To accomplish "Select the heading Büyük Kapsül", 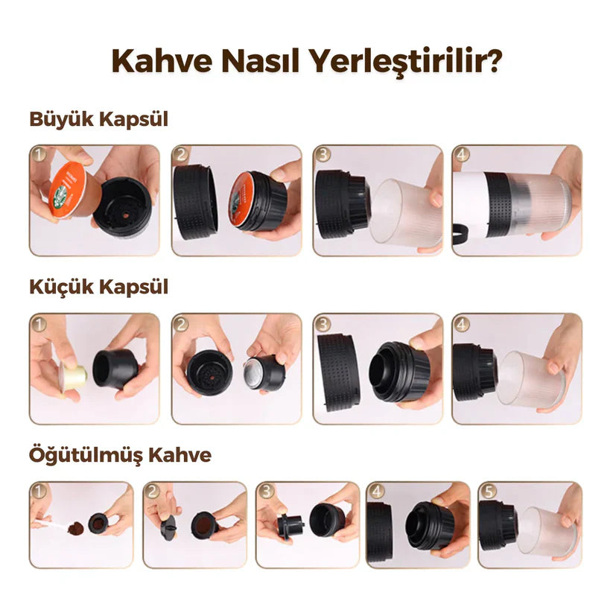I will click(98, 121).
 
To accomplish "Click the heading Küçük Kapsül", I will click(98, 288).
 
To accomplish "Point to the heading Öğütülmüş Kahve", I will click(120, 454).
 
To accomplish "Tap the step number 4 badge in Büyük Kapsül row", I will click(463, 156).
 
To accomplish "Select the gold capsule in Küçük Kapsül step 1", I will click(73, 376).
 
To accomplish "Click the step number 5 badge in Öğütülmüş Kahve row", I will click(488, 492).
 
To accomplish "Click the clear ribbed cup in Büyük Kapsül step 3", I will click(407, 212).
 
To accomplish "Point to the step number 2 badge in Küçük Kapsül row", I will click(181, 324).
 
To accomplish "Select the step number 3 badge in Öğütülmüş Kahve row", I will click(266, 492).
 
